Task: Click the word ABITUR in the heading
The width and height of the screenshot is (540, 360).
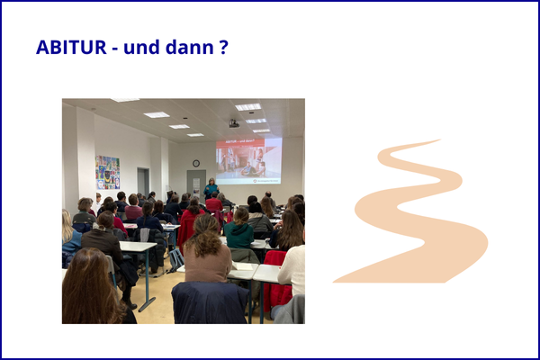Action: [71, 47]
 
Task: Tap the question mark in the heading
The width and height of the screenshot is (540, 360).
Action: [223, 47]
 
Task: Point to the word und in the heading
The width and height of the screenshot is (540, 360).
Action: [141, 47]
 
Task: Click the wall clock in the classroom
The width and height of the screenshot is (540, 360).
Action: [196, 163]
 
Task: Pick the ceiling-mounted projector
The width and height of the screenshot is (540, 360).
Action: [234, 123]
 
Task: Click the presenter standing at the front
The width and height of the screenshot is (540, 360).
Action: [211, 188]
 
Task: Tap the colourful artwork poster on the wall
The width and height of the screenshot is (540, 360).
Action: [107, 172]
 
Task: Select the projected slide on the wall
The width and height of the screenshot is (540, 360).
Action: [248, 161]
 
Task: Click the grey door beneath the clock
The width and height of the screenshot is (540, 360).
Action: [196, 185]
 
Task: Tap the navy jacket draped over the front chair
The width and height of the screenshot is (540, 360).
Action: [210, 302]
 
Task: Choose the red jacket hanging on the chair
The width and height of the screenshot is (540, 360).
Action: [276, 282]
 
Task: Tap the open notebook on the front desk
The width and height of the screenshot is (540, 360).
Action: [242, 265]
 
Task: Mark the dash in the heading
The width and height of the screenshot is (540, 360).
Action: [115, 49]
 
